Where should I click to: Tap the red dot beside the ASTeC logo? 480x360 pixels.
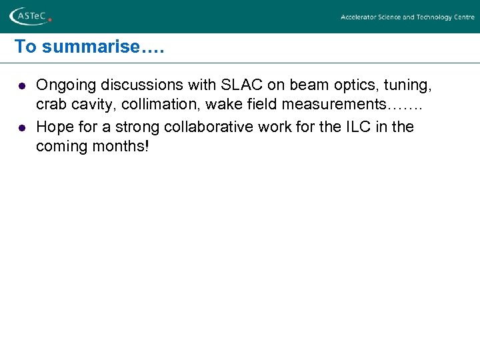point(50,20)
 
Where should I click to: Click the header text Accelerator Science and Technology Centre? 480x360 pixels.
point(407,17)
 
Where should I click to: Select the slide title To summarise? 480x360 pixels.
point(89,47)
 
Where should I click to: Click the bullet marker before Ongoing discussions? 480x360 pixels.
point(21,86)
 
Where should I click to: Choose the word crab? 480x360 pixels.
point(51,106)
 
